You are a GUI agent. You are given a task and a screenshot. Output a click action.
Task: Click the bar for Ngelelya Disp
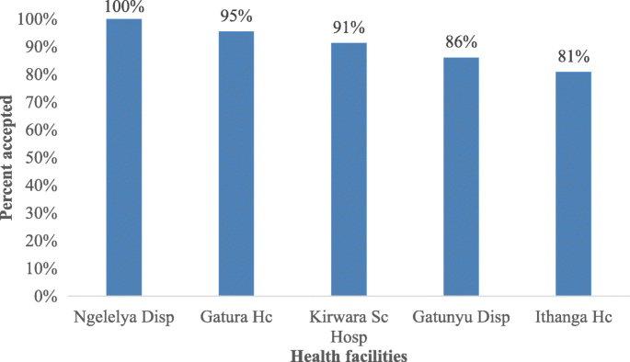[123, 157]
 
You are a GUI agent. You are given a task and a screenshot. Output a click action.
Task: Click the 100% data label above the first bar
[123, 7]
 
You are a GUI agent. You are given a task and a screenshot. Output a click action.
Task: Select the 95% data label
[235, 17]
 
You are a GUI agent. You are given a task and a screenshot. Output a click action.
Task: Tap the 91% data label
[348, 28]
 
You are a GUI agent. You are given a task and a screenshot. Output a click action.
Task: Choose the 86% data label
[460, 42]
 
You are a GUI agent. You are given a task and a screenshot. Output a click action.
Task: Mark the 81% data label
[572, 56]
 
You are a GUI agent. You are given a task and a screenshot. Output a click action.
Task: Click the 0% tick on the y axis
[46, 297]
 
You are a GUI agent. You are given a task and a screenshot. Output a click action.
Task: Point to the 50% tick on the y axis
[42, 158]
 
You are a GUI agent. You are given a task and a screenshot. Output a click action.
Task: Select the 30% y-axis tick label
[42, 213]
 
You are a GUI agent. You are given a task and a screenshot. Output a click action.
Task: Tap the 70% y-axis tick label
[42, 102]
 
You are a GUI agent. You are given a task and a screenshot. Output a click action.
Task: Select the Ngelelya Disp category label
[123, 318]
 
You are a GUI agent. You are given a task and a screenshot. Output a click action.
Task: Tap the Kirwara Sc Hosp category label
[348, 326]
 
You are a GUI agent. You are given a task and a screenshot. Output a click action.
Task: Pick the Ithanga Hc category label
[572, 318]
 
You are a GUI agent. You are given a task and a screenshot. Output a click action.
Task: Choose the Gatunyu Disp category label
[460, 318]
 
